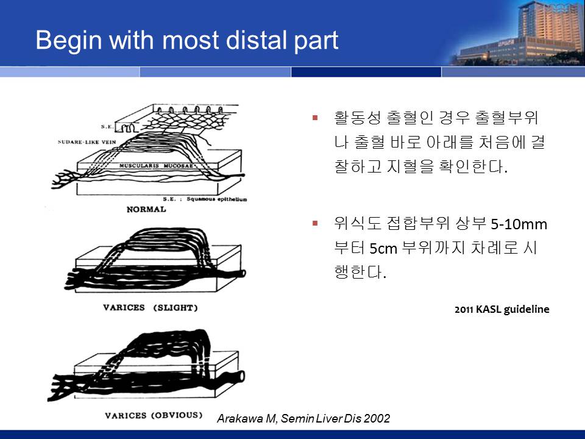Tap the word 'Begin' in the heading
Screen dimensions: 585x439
click(x=69, y=41)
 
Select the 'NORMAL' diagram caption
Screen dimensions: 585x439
click(x=146, y=209)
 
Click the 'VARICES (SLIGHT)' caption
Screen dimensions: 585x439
click(x=151, y=307)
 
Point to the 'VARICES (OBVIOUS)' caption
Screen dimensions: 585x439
click(x=154, y=415)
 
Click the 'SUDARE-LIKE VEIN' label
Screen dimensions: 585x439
click(x=87, y=142)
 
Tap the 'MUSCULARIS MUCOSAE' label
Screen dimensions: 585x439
click(x=157, y=165)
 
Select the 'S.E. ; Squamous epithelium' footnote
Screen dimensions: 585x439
click(x=205, y=199)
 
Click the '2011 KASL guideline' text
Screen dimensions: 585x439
click(x=502, y=310)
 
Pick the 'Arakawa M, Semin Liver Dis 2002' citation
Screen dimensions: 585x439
click(x=303, y=418)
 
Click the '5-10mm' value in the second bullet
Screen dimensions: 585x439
click(x=519, y=224)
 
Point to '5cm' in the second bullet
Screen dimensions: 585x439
click(x=383, y=248)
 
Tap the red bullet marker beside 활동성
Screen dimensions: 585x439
click(x=315, y=118)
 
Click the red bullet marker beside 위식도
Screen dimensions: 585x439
click(x=315, y=224)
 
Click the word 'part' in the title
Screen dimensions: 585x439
click(x=316, y=41)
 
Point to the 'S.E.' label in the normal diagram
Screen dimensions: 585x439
click(x=107, y=127)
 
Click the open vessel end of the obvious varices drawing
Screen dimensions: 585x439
click(x=242, y=376)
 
